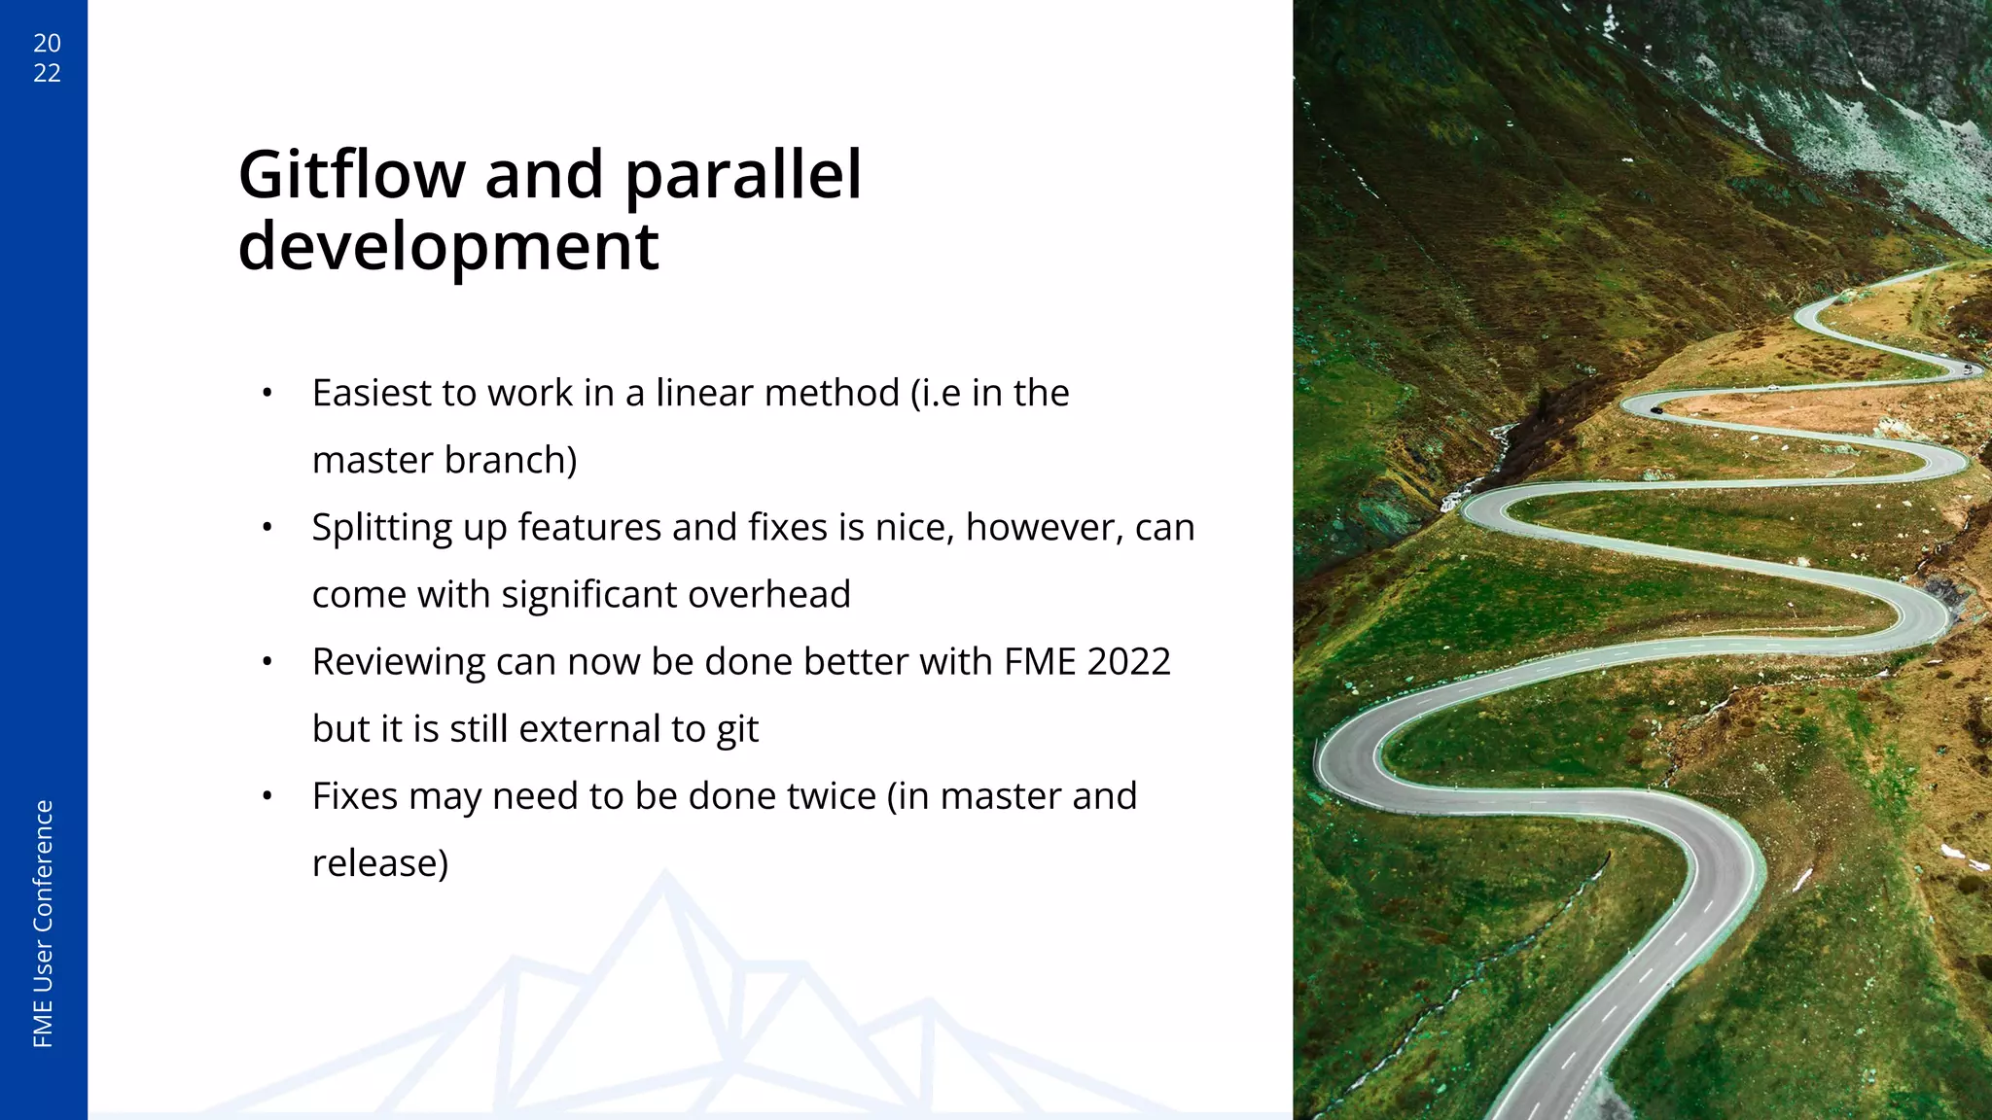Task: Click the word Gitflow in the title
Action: coord(352,176)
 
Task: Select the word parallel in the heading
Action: coord(743,176)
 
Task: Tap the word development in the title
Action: coord(448,247)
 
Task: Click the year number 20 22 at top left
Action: coord(47,57)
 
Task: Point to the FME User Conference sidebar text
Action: coord(44,924)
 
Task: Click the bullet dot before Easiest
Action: coord(267,394)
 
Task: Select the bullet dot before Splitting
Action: coord(267,528)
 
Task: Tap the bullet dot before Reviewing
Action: coord(267,662)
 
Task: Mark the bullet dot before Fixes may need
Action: coord(267,796)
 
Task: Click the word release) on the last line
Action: coord(380,863)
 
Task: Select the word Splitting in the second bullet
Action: coord(381,528)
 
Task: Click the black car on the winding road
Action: coord(1656,410)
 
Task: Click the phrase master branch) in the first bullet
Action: coord(445,461)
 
